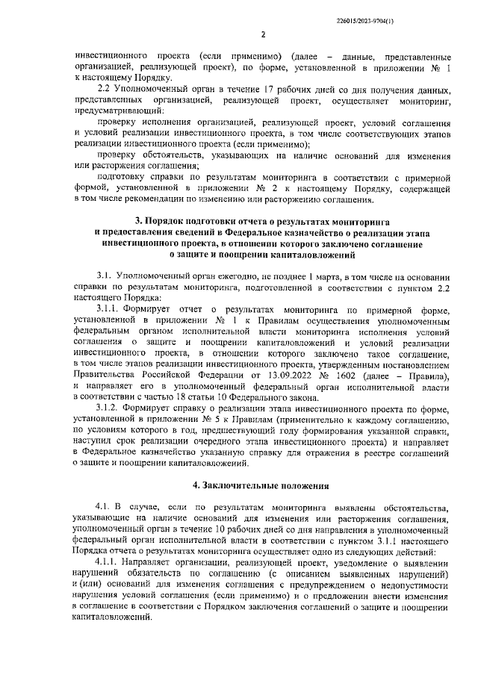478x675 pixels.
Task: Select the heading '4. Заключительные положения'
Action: point(262,486)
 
